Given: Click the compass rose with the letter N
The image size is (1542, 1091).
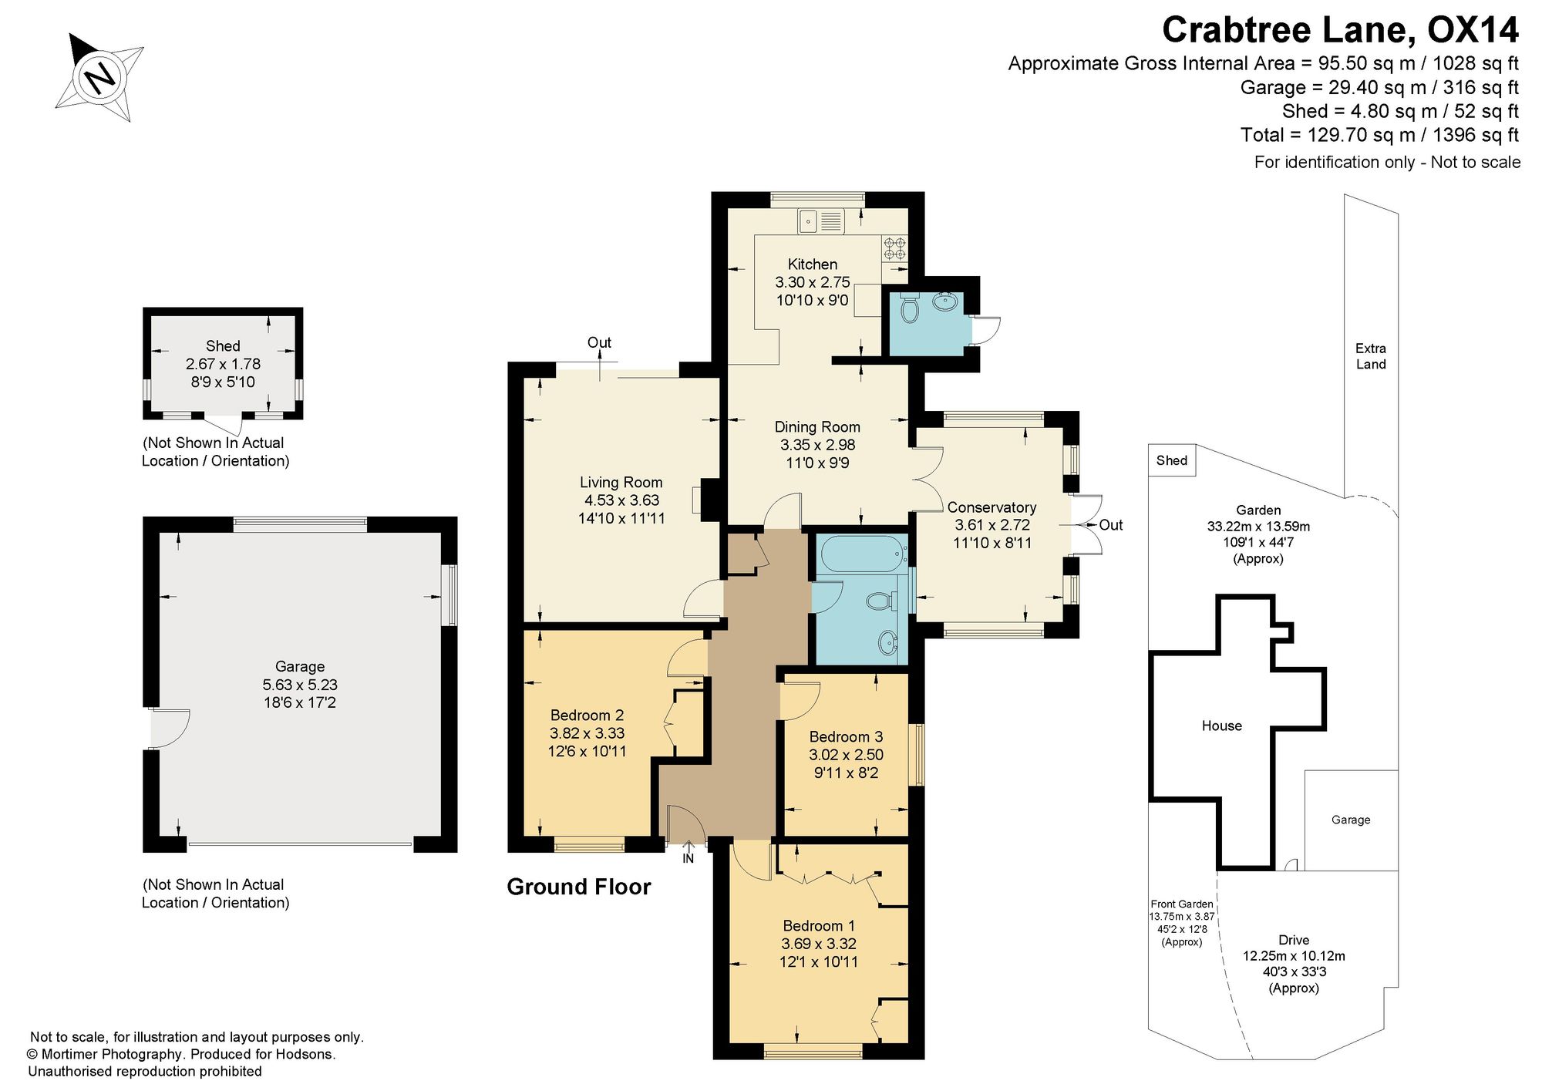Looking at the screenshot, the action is (x=100, y=77).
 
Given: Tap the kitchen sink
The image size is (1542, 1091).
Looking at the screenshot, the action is (x=822, y=221).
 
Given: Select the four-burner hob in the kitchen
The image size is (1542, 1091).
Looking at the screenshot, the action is (x=894, y=247).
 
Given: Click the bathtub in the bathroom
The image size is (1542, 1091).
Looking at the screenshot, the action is (x=861, y=554).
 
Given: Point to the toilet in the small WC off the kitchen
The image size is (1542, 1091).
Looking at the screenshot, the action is (x=910, y=307).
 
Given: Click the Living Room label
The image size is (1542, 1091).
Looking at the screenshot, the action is (x=621, y=483).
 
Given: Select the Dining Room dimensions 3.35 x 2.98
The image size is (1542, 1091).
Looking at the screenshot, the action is (x=817, y=445).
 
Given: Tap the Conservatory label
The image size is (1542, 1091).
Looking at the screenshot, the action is (x=992, y=507).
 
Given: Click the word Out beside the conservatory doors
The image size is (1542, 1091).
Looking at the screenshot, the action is (x=1110, y=525).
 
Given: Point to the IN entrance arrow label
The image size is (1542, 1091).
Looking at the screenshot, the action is (x=689, y=858).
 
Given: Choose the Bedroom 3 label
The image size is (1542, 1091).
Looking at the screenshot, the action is (x=846, y=737).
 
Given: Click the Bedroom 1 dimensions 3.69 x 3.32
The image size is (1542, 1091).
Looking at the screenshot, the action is (x=819, y=944).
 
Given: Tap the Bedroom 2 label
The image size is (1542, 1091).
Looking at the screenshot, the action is (x=587, y=716).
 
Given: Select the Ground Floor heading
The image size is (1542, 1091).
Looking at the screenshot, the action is (x=579, y=887).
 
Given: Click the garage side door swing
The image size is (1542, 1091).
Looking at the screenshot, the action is (x=170, y=729).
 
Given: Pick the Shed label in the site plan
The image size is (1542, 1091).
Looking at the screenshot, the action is (x=1171, y=460).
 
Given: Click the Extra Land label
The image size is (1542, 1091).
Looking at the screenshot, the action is (x=1371, y=356).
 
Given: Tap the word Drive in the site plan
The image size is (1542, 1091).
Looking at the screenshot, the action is (x=1294, y=940).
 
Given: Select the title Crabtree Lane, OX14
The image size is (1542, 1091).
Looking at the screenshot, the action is (x=1340, y=30).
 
